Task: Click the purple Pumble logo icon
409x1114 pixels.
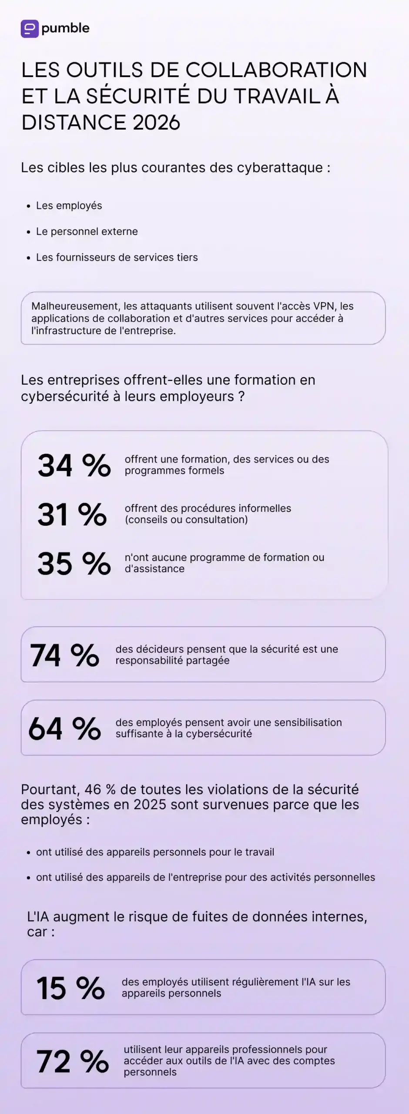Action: (30, 29)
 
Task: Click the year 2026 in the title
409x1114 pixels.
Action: (156, 122)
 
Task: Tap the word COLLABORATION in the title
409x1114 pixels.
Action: (277, 70)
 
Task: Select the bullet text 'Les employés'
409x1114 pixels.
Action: (69, 206)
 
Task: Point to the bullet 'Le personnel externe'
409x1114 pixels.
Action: (87, 232)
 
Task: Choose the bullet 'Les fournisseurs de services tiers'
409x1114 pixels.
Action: (117, 257)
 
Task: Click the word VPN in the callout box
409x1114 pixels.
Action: (324, 306)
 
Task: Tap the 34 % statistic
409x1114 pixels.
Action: (74, 465)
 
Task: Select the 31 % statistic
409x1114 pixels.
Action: (72, 514)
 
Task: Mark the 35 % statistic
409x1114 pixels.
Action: (74, 564)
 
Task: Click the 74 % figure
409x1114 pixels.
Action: (64, 655)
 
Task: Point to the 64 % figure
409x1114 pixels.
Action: (64, 728)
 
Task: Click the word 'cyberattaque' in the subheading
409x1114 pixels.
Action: (279, 168)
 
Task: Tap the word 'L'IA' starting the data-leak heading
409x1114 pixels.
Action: (38, 917)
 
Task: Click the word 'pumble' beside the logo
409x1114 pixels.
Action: (65, 28)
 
